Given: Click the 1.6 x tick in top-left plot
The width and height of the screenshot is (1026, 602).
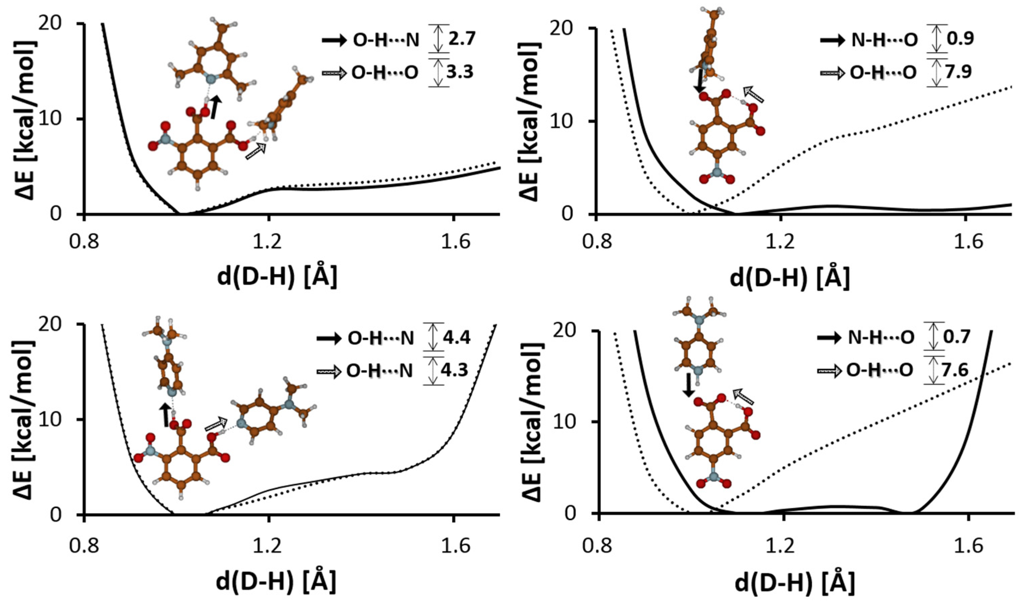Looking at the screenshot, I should (455, 243).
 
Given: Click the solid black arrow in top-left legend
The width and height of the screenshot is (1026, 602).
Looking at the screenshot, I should (334, 40).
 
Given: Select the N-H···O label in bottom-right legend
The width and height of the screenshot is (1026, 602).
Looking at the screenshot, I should (879, 337).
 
